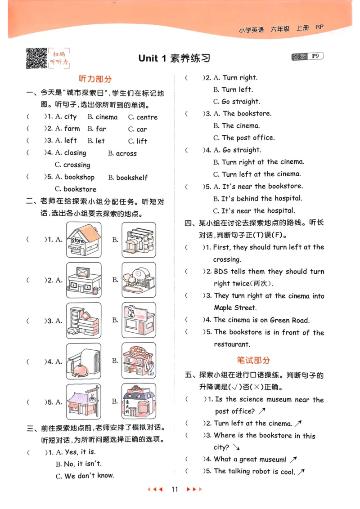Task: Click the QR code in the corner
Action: click(x=36, y=58)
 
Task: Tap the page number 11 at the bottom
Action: click(x=175, y=489)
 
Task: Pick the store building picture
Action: click(x=83, y=240)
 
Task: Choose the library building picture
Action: click(x=139, y=240)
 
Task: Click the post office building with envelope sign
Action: click(x=83, y=280)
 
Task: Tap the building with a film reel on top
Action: click(x=139, y=361)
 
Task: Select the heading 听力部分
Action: click(x=95, y=79)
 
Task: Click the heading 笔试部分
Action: click(x=253, y=360)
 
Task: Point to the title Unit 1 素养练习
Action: click(x=174, y=58)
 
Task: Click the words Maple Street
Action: click(x=235, y=308)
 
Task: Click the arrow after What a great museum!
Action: click(x=293, y=460)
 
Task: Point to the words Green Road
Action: click(x=289, y=320)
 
